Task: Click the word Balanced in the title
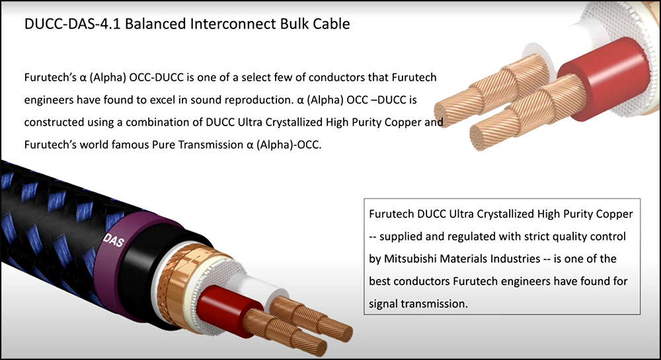(155, 24)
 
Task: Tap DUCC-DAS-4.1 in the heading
(73, 24)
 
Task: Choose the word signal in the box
(383, 304)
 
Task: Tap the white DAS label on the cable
(114, 240)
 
